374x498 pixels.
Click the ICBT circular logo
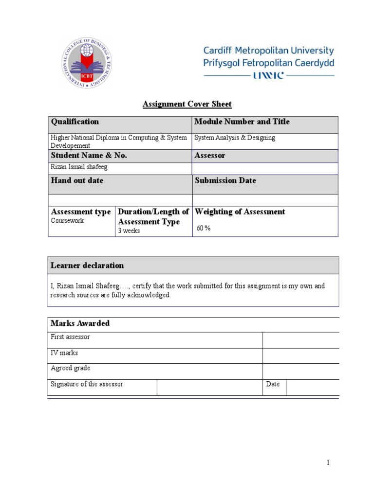(x=86, y=63)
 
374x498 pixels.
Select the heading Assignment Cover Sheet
(x=187, y=104)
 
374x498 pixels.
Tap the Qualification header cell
(x=75, y=122)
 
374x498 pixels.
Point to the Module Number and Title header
(x=242, y=122)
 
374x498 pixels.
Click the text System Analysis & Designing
(x=235, y=138)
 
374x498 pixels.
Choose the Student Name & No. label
(x=89, y=156)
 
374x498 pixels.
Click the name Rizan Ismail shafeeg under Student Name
(x=79, y=167)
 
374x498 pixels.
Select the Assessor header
(x=210, y=156)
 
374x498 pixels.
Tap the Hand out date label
(x=77, y=180)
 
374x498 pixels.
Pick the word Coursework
(x=67, y=221)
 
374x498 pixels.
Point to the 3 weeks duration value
(x=129, y=231)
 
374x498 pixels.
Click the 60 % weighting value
(x=204, y=228)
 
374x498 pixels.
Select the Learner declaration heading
(x=87, y=266)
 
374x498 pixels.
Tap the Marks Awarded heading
(x=80, y=323)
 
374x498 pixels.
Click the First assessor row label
(x=70, y=337)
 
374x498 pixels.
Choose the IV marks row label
(x=64, y=353)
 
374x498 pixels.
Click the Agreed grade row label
(x=70, y=368)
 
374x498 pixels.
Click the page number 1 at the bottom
(x=328, y=462)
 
